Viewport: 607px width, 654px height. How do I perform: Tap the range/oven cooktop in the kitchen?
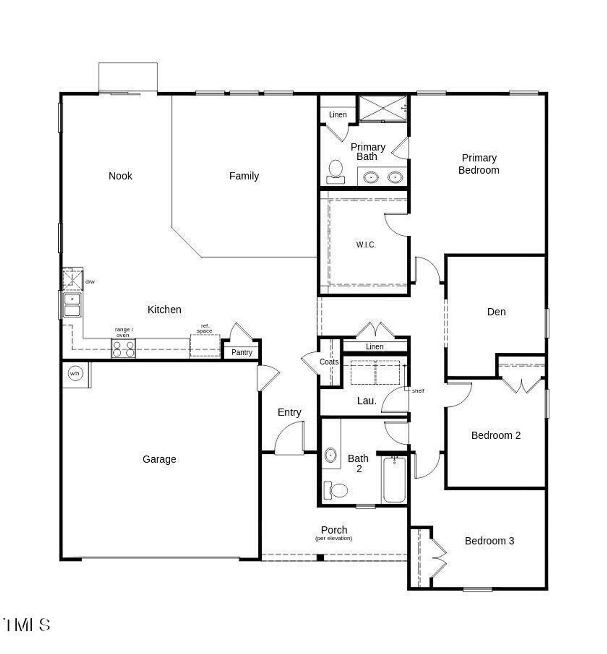pyautogui.click(x=123, y=349)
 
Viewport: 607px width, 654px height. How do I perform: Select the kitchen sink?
pyautogui.click(x=72, y=305)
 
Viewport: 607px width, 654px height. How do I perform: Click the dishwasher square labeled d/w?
pyautogui.click(x=73, y=279)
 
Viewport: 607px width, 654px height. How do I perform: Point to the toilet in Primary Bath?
pyautogui.click(x=336, y=171)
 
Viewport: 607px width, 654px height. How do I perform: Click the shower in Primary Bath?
pyautogui.click(x=382, y=109)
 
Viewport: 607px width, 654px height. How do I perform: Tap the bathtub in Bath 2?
pyautogui.click(x=394, y=479)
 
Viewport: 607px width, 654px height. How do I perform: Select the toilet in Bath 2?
pyautogui.click(x=336, y=489)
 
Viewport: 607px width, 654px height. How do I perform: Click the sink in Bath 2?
pyautogui.click(x=331, y=455)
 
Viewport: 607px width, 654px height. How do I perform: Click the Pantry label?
pyautogui.click(x=242, y=352)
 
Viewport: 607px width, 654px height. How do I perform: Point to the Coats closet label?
pyautogui.click(x=329, y=362)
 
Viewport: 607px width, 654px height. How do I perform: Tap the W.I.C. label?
pyautogui.click(x=366, y=245)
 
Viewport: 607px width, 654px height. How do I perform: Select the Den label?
pyautogui.click(x=496, y=312)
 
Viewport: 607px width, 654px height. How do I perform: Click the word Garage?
pyautogui.click(x=159, y=459)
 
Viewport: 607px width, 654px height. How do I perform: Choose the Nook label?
pyautogui.click(x=120, y=176)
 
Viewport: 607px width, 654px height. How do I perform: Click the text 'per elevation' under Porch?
pyautogui.click(x=334, y=539)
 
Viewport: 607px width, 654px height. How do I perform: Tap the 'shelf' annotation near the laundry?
pyautogui.click(x=418, y=391)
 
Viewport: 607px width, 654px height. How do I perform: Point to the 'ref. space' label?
pyautogui.click(x=205, y=328)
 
